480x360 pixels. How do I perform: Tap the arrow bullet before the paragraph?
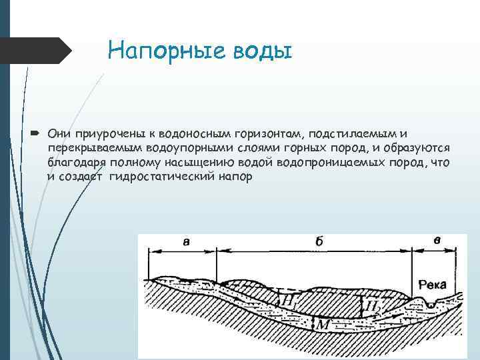click(x=36, y=133)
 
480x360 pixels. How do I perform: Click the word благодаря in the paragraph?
click(x=74, y=163)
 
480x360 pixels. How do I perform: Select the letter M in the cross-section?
click(x=322, y=325)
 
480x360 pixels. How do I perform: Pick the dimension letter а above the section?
click(x=185, y=243)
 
